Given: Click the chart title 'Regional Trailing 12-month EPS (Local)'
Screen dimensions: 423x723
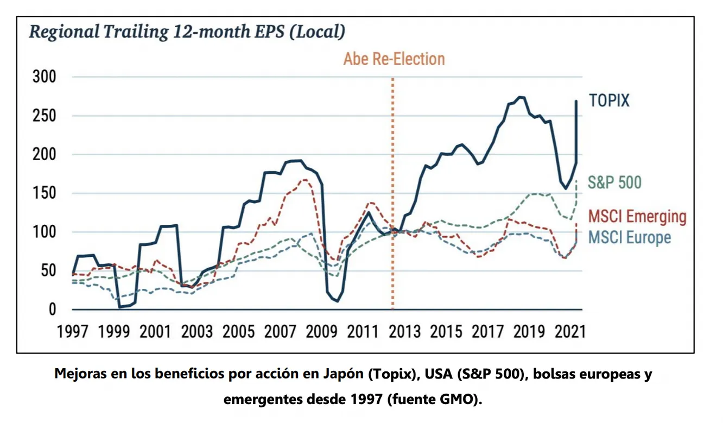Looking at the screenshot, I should tap(187, 31).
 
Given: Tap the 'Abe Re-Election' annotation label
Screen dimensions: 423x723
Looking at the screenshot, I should tap(394, 59).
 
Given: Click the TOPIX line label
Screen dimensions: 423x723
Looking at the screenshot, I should tap(609, 100).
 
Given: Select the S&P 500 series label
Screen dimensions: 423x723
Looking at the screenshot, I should tap(614, 182).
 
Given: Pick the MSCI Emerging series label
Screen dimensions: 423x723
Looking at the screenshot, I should tap(637, 216).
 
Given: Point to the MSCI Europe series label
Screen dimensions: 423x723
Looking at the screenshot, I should tap(630, 237).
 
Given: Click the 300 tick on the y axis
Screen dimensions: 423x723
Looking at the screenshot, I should tap(43, 77).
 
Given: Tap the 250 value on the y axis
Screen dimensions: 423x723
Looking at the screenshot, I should tap(43, 116).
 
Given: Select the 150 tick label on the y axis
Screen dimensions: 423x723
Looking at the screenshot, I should tap(43, 194).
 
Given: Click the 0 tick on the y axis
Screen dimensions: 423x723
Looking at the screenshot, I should tap(52, 310).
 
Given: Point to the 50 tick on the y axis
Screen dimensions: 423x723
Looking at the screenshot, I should tap(48, 271).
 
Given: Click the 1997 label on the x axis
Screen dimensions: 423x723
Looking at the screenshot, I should tap(73, 331).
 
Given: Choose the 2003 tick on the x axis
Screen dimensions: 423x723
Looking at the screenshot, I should tap(197, 331).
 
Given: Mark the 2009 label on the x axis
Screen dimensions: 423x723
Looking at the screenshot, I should tap(321, 331).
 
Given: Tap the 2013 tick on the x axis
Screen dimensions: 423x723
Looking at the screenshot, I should tap(404, 331).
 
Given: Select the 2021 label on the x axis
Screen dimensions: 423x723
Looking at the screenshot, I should tap(570, 331).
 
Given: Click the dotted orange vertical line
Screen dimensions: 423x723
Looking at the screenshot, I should tap(392, 190).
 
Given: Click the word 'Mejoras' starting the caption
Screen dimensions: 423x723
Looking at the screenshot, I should tap(79, 375).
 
